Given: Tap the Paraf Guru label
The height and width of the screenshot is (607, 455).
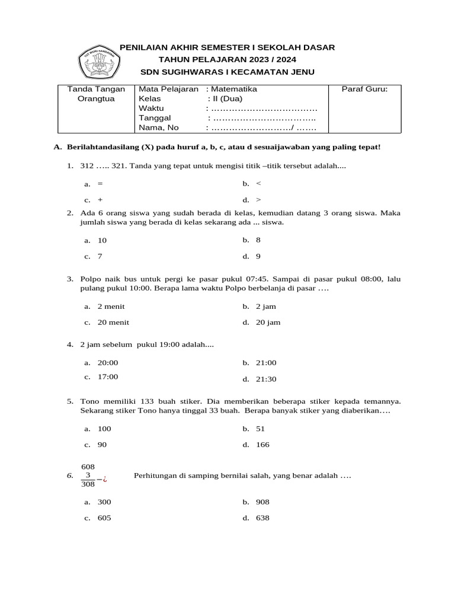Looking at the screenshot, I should (x=364, y=89).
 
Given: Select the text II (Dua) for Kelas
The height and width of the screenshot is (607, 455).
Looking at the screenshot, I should (x=227, y=99).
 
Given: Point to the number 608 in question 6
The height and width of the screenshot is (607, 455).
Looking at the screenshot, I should (x=88, y=467).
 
